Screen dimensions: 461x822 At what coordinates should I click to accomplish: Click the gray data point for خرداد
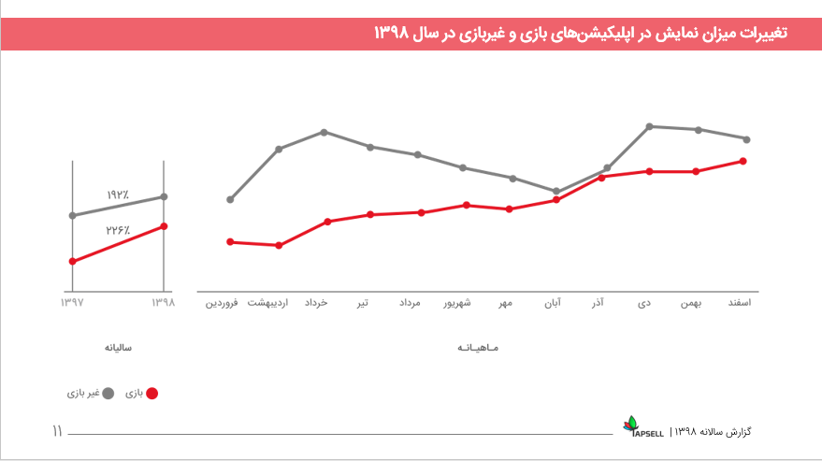[x=324, y=132]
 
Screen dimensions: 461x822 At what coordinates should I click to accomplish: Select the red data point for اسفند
[x=743, y=161]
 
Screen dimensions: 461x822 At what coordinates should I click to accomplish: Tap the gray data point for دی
[x=649, y=126]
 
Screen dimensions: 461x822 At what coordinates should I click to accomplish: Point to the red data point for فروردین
[x=230, y=242]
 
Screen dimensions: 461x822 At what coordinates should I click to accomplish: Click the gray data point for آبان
[x=556, y=192]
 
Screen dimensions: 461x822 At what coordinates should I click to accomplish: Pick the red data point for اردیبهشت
[x=280, y=245]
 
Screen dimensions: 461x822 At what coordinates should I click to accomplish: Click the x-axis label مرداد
[x=411, y=303]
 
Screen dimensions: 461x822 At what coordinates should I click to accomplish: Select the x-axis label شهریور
[x=457, y=303]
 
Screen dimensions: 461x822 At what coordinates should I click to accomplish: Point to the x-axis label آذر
[x=598, y=303]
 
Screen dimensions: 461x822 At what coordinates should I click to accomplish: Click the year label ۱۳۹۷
[x=72, y=303]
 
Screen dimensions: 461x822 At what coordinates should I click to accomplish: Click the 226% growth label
[x=117, y=229]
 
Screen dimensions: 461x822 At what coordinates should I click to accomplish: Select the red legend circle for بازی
[x=152, y=394]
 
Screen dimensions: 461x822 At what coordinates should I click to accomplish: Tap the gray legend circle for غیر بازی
[x=107, y=394]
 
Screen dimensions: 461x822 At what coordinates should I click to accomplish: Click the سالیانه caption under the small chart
[x=118, y=348]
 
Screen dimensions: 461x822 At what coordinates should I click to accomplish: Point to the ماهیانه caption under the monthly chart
[x=480, y=348]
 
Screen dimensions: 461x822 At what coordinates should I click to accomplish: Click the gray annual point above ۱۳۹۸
[x=164, y=196]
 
